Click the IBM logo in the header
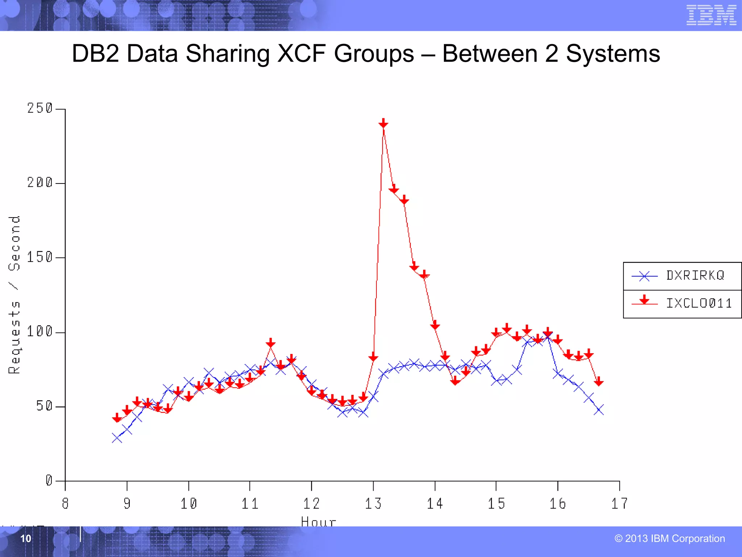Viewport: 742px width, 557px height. coord(711,15)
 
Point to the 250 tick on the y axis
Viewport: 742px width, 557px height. coord(40,108)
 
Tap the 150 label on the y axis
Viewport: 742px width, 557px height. coord(40,257)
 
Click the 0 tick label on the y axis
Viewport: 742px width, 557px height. coord(49,481)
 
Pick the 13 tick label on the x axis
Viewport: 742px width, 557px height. coord(373,504)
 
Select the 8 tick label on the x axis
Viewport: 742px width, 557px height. coord(65,504)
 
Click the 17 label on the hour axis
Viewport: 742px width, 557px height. coord(620,504)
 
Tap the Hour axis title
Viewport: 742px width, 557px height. coord(318,521)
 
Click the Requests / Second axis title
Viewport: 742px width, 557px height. coord(14,294)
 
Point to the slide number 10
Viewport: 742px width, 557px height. coord(26,539)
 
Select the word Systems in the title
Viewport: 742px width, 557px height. coord(613,54)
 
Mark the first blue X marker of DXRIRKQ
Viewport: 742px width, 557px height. coord(117,438)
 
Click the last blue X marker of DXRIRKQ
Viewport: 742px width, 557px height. coord(599,410)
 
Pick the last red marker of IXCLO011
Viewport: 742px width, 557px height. coord(599,381)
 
